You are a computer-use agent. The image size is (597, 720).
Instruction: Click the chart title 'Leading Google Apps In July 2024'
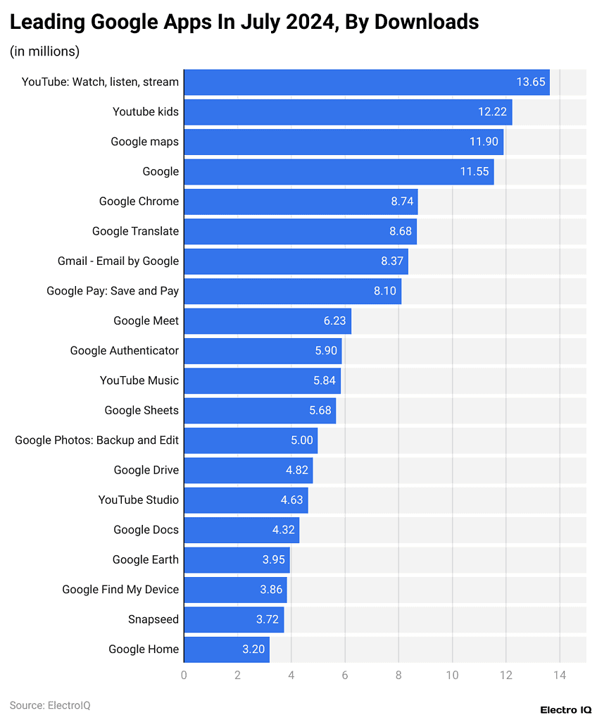tap(244, 22)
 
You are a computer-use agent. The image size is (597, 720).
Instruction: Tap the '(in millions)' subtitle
tap(44, 51)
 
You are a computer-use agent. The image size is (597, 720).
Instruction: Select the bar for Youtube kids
tap(348, 112)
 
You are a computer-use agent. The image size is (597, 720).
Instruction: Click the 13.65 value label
tap(531, 82)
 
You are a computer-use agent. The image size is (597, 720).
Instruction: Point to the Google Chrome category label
tap(139, 201)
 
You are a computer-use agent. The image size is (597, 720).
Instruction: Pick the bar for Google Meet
tap(267, 321)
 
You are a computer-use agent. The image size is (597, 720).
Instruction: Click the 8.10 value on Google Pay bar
tap(386, 291)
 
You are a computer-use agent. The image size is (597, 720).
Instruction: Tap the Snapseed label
tap(153, 620)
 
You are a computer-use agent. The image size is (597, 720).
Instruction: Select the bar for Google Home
tap(226, 650)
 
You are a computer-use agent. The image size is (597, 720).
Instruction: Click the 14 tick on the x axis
tap(559, 675)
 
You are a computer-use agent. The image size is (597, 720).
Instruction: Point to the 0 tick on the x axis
tap(184, 675)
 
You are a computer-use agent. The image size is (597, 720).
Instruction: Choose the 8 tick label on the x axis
tap(398, 675)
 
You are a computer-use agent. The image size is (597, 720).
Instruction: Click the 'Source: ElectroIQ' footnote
tap(50, 705)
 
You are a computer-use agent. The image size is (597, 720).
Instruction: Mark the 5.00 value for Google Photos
tap(301, 440)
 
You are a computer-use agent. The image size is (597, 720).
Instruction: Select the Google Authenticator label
tap(124, 351)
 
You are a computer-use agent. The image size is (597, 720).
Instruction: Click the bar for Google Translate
tap(300, 232)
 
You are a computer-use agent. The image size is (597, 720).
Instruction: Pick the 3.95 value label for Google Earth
tap(275, 560)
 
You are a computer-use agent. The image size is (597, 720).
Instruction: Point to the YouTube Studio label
tap(138, 500)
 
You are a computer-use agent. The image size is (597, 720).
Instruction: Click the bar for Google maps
tap(344, 142)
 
